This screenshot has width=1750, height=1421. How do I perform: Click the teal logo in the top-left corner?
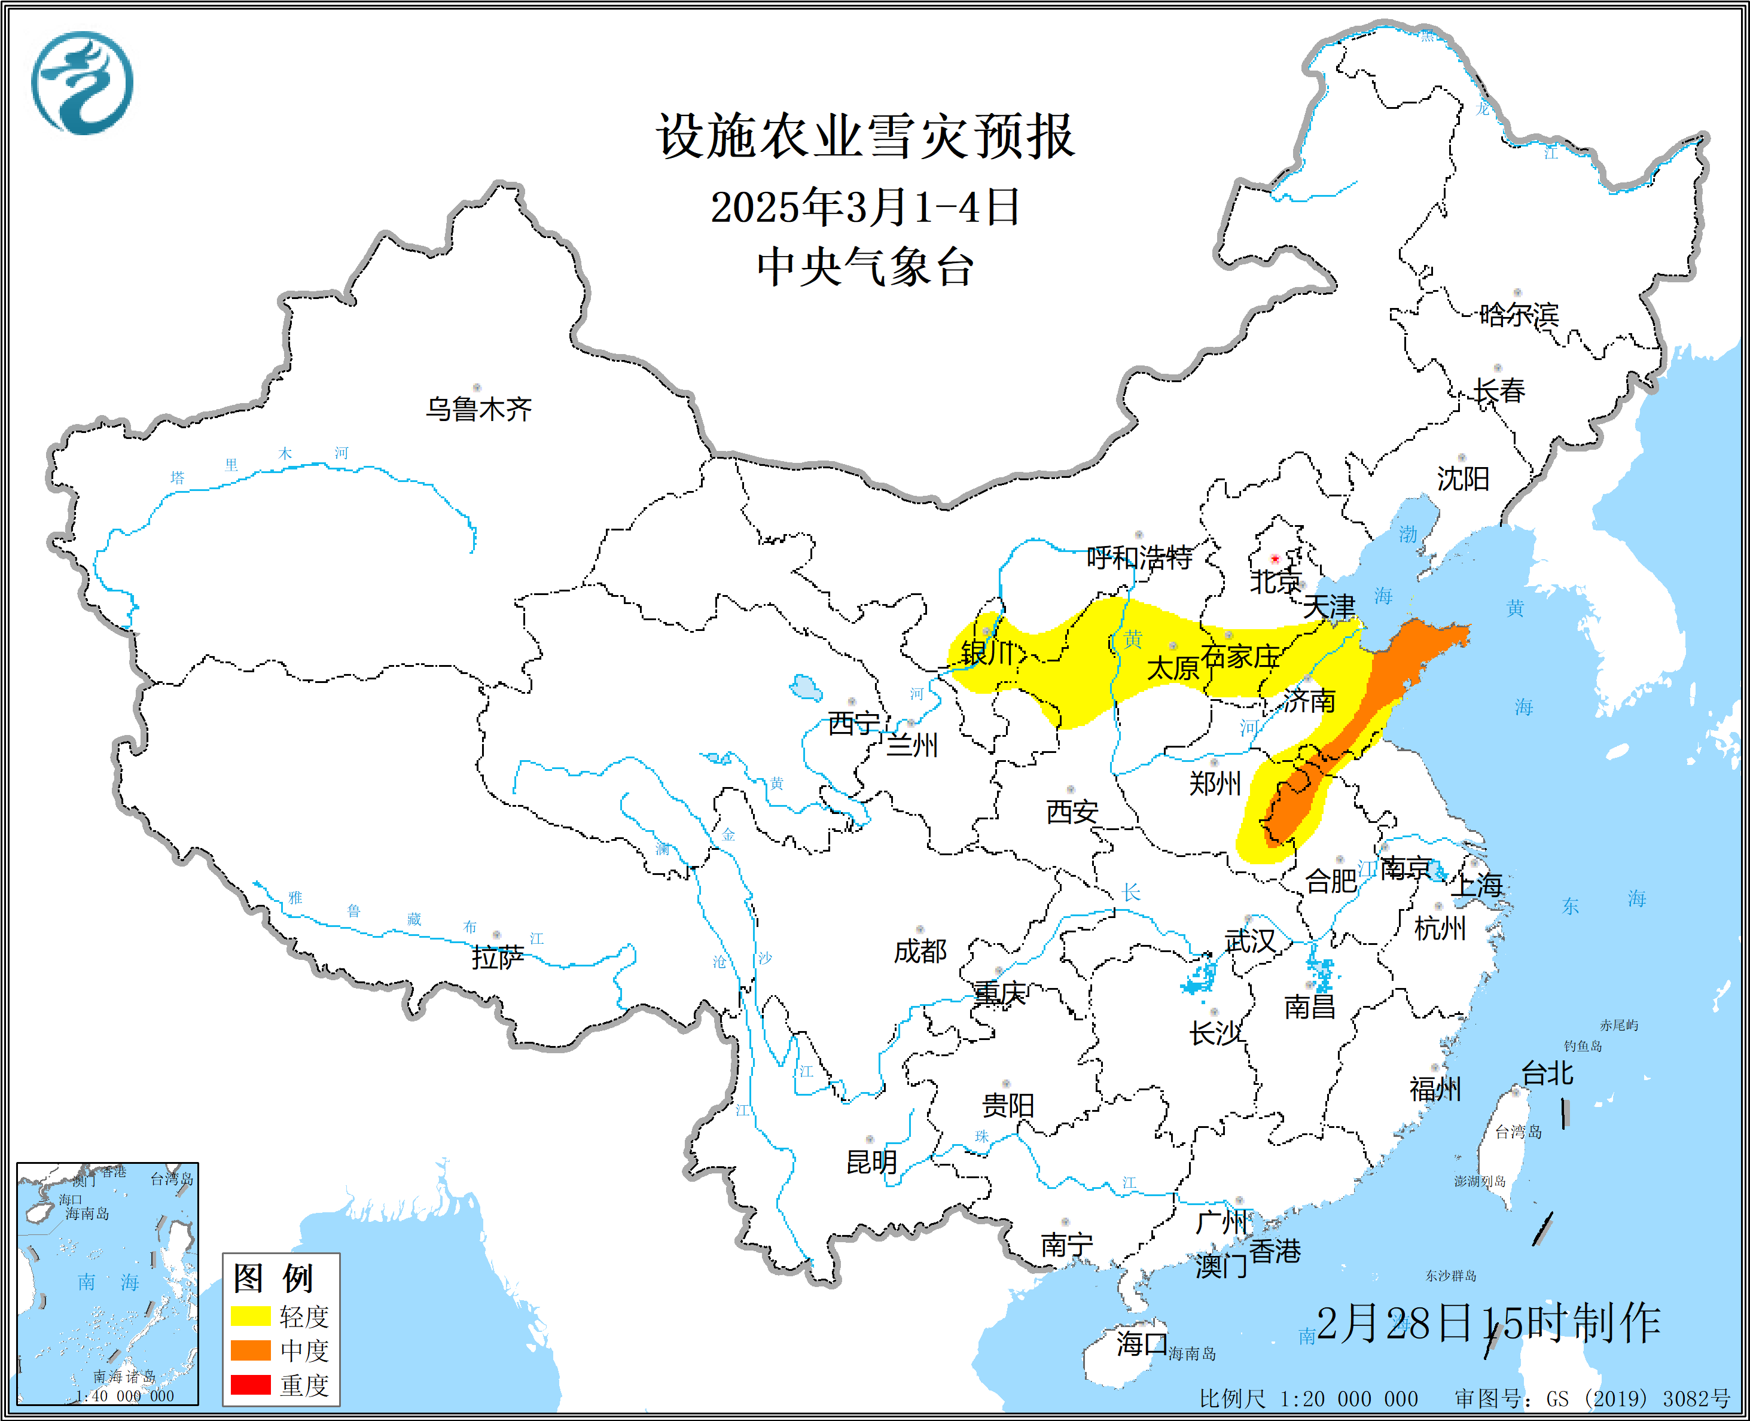click(x=82, y=83)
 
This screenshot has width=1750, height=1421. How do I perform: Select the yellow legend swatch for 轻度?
click(x=251, y=1315)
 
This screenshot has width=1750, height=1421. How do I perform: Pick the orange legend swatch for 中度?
click(x=251, y=1350)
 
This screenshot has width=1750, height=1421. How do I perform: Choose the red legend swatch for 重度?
click(x=251, y=1384)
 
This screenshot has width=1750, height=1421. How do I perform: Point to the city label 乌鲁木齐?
click(x=479, y=408)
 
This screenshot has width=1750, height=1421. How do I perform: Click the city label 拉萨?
click(x=498, y=957)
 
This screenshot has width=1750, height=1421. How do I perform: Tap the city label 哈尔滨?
click(x=1519, y=315)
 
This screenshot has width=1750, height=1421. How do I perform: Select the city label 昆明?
click(x=872, y=1161)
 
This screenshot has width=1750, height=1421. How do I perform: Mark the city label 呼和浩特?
click(x=1139, y=558)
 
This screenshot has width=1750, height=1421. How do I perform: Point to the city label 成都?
click(x=920, y=951)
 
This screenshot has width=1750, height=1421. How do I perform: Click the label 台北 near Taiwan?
click(x=1547, y=1073)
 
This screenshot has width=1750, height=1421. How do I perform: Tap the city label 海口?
click(x=1142, y=1343)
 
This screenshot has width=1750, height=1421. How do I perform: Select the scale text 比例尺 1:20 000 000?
click(x=1308, y=1399)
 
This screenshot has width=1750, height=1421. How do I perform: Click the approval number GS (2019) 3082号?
click(x=1593, y=1399)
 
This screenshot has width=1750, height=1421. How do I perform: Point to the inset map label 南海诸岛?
click(x=124, y=1377)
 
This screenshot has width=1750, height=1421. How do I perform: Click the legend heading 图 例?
click(x=273, y=1277)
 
